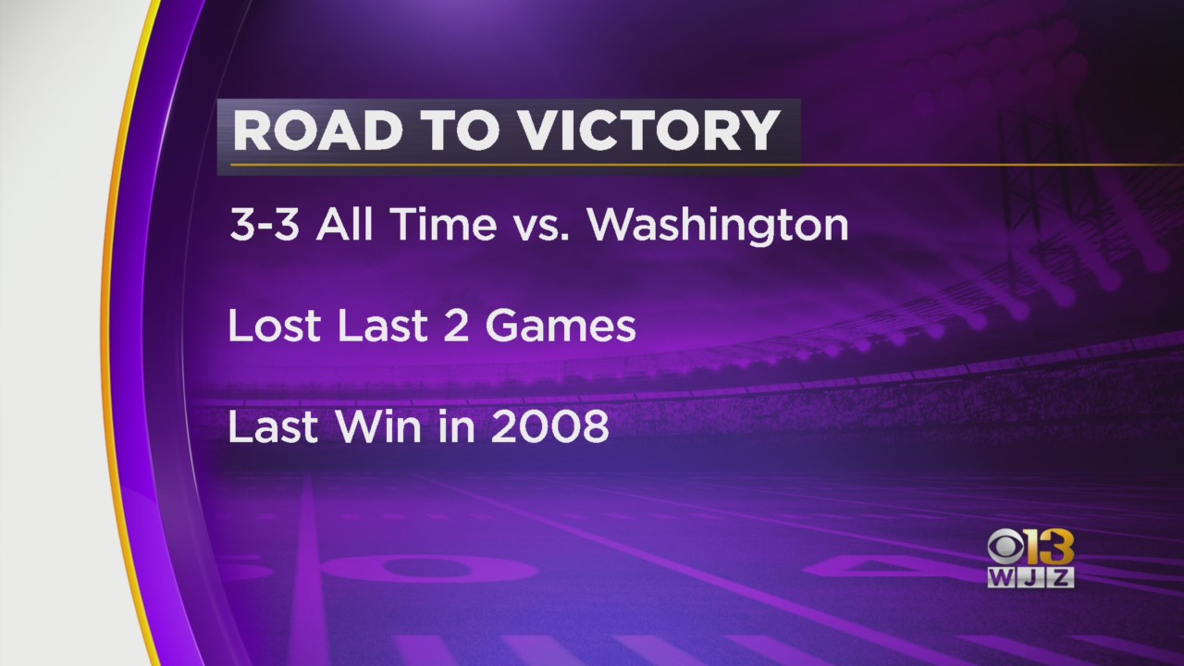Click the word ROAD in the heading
[x=317, y=130]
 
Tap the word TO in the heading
[x=459, y=130]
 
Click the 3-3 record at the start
[x=265, y=224]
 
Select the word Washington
[x=719, y=226]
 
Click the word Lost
[x=275, y=326]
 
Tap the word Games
[x=561, y=326]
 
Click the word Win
[x=379, y=426]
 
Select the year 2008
[x=549, y=426]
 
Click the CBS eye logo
[x=1005, y=547]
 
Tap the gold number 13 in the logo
[x=1048, y=547]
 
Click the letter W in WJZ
[x=1001, y=577]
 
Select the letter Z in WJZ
[x=1060, y=577]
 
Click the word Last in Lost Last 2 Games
[x=382, y=326]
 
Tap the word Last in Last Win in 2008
[x=273, y=426]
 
